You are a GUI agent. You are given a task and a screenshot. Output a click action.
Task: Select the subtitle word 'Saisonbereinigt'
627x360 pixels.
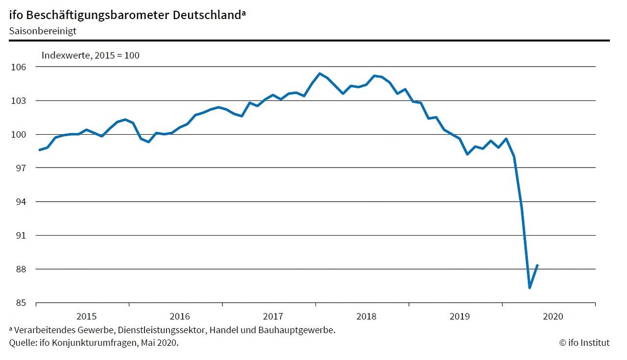click(x=42, y=30)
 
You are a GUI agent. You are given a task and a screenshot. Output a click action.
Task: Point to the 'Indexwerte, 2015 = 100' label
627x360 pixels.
click(x=90, y=55)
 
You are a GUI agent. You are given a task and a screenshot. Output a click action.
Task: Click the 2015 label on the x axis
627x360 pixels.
click(x=86, y=316)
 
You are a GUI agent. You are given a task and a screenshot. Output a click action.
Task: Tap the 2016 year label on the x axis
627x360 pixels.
click(x=179, y=316)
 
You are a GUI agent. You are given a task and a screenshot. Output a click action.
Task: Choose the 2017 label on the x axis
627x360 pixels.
click(x=273, y=316)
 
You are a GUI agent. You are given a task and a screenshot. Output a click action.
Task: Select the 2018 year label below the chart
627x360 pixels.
click(x=366, y=316)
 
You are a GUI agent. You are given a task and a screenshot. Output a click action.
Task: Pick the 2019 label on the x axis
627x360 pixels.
click(x=459, y=316)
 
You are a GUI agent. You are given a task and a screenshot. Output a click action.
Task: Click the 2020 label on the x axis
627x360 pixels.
click(x=553, y=316)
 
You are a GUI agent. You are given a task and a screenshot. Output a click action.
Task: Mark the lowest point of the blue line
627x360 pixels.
click(x=530, y=288)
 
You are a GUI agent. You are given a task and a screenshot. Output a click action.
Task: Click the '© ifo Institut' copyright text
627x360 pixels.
click(x=584, y=343)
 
